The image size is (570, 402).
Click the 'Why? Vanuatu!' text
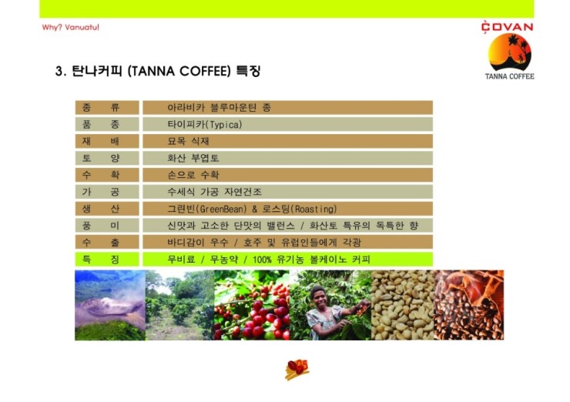[x=71, y=27]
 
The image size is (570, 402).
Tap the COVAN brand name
[x=507, y=27]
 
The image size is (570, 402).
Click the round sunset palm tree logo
[x=509, y=52]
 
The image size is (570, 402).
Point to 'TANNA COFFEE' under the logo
[x=509, y=76]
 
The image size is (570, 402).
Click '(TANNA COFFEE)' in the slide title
[x=179, y=71]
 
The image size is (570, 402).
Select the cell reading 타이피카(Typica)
[x=287, y=124]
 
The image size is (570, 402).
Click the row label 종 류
[x=107, y=108]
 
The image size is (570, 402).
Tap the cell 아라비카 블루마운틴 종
[x=287, y=108]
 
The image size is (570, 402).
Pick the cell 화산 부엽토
[x=287, y=158]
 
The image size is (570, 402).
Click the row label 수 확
[x=107, y=175]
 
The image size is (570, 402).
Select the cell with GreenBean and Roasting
[x=287, y=209]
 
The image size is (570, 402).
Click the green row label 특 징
[x=107, y=260]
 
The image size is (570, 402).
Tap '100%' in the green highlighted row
[x=262, y=260]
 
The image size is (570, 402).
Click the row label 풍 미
[x=107, y=226]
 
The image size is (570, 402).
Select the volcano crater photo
[x=110, y=305]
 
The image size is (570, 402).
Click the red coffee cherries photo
[x=252, y=305]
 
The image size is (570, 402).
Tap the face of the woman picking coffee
[x=318, y=296]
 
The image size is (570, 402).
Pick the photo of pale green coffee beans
[x=403, y=305]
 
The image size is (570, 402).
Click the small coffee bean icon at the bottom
[x=297, y=370]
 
